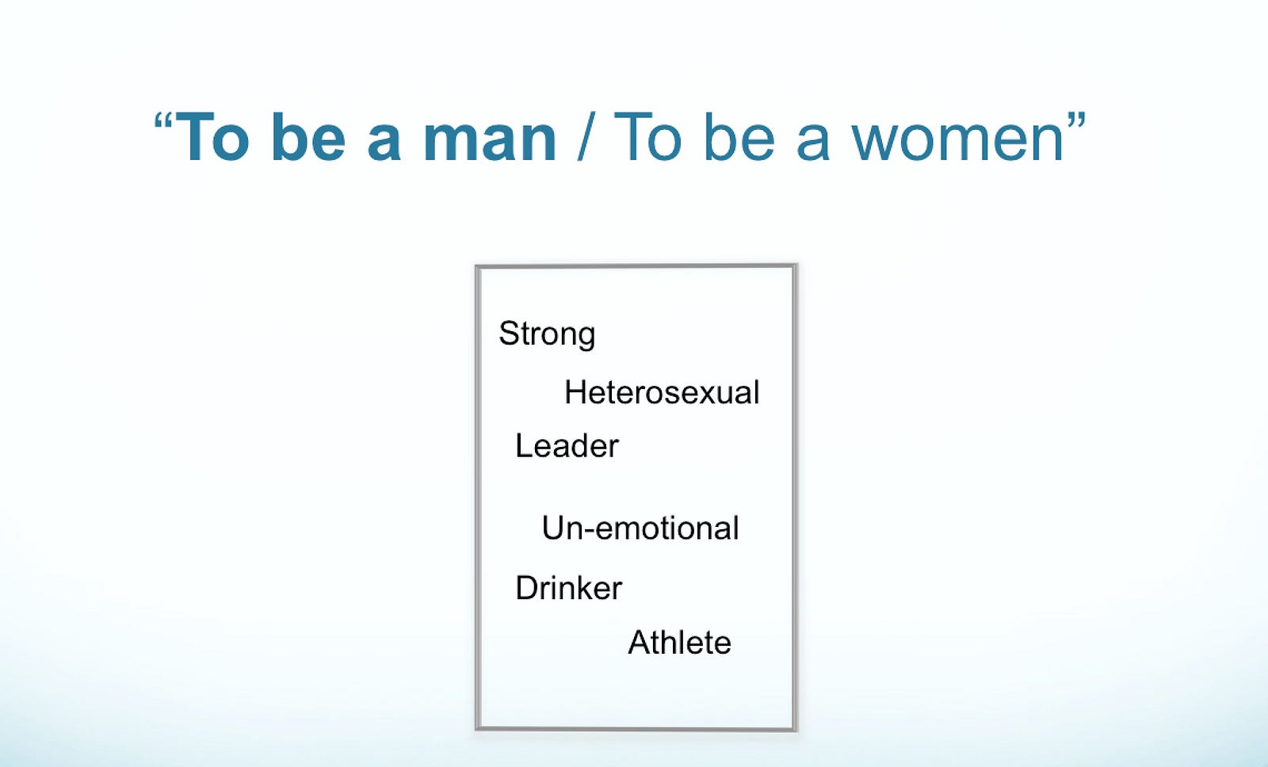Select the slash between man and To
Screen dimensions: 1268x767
pos(585,138)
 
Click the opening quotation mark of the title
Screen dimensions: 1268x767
pos(163,121)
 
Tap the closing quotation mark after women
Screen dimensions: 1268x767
pos(1076,121)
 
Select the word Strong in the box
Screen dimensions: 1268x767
pos(547,334)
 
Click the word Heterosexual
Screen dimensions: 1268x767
pos(662,391)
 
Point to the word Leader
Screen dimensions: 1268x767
pos(567,446)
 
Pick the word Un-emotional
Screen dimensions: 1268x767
pos(640,529)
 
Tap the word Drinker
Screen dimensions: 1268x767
pos(568,588)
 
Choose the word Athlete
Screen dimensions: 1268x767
pos(679,643)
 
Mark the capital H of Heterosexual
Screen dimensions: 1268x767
pos(575,391)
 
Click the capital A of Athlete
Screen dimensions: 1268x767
pos(640,643)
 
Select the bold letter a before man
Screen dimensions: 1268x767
pos(384,145)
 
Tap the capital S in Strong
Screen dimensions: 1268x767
pos(509,333)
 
